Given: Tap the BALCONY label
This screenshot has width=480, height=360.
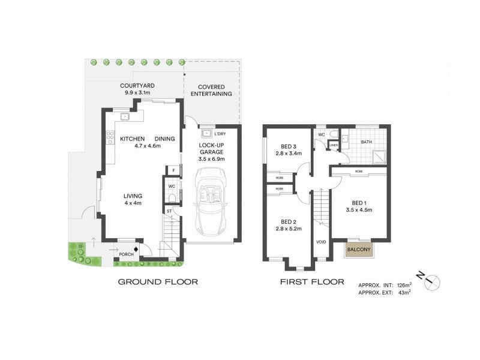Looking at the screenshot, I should click(x=359, y=250).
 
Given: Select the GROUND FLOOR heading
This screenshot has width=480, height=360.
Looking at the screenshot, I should click(x=158, y=281).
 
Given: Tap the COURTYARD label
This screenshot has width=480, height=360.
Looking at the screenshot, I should click(x=137, y=86).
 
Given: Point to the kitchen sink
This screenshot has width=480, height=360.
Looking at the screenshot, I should click(x=125, y=117).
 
